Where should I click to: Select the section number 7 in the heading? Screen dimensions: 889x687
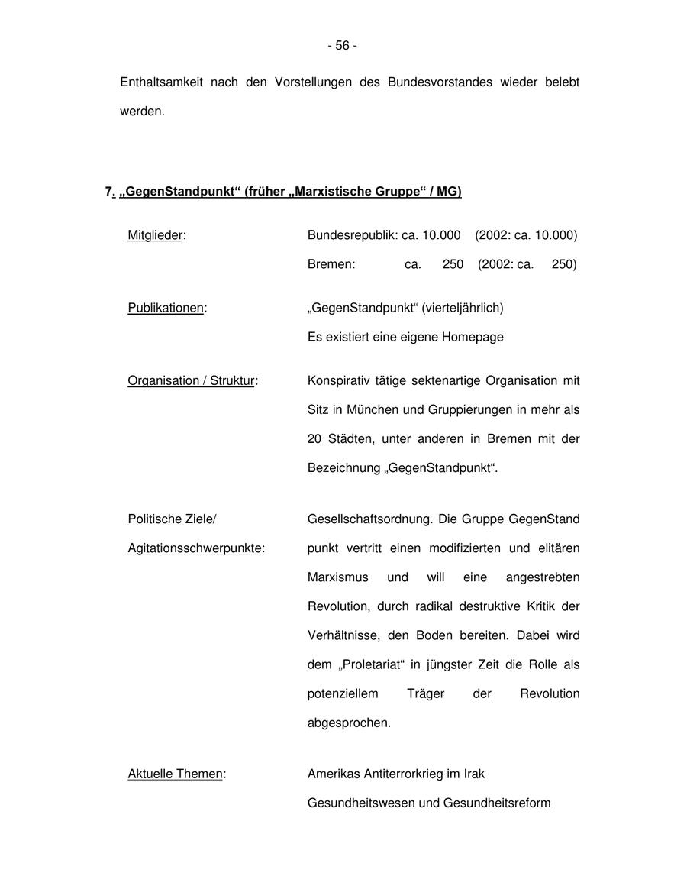[x=109, y=192]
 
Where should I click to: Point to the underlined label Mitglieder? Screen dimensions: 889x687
[x=156, y=235]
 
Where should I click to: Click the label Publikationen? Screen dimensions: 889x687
[x=166, y=308]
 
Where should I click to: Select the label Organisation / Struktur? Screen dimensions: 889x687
[x=192, y=380]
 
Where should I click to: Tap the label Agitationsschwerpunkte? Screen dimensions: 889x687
[x=195, y=548]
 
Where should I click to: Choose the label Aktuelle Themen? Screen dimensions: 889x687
[x=176, y=774]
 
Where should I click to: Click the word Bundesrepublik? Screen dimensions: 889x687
[x=352, y=235]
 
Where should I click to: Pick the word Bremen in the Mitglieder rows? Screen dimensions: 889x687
[x=331, y=264]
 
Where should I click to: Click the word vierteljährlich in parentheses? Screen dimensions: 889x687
[x=463, y=308]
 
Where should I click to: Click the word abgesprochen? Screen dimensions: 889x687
[x=349, y=723]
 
